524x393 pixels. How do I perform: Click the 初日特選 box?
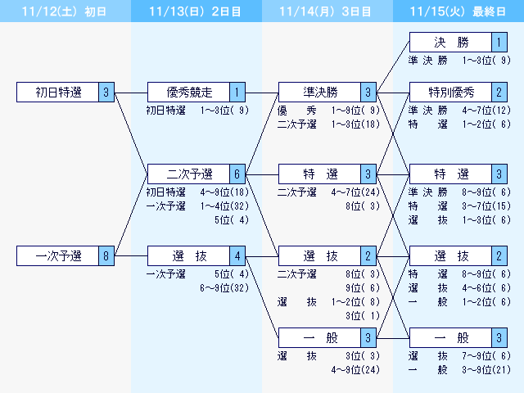tap(58, 93)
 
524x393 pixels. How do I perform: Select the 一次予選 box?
tap(58, 256)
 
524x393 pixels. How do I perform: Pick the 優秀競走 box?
tap(189, 93)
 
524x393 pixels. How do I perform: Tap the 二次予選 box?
tap(189, 174)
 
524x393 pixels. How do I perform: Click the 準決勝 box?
tap(320, 93)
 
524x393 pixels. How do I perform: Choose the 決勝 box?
tap(451, 43)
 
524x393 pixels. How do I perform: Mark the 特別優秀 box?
tap(451, 92)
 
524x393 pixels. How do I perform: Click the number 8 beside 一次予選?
tap(106, 256)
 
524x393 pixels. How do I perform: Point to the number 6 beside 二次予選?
tap(237, 174)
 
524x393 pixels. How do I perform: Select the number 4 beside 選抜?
tap(237, 256)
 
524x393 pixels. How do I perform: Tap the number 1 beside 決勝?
tap(499, 43)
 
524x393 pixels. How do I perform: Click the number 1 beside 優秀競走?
tap(237, 93)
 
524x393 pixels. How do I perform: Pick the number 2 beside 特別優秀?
tap(499, 92)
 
